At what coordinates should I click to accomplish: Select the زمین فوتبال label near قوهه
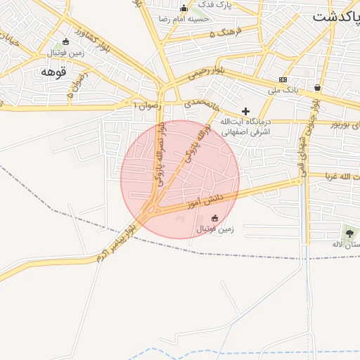click(65, 53)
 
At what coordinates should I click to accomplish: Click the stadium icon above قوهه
click(65, 41)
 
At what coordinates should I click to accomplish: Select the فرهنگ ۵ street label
click(229, 32)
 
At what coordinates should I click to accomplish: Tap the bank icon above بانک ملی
click(283, 79)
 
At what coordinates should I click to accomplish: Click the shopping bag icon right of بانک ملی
click(318, 88)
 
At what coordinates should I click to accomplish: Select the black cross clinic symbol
click(245, 111)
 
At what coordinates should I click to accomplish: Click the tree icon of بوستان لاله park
click(349, 233)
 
